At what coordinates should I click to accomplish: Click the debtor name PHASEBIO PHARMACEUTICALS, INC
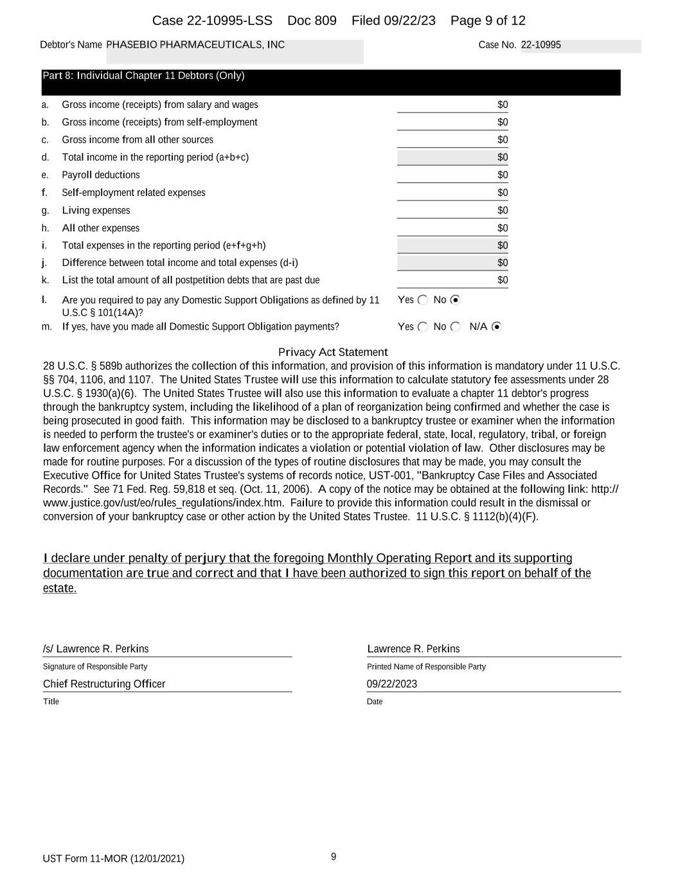195,45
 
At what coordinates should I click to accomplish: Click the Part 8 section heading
143,76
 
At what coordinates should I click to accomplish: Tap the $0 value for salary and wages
502,105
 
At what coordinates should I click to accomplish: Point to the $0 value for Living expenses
502,211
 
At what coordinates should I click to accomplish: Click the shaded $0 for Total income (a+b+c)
502,157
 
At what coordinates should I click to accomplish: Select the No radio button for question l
456,300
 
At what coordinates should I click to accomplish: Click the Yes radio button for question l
422,300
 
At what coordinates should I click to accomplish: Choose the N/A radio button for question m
496,327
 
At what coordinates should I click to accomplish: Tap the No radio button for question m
456,327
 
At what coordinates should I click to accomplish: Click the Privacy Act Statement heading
333,352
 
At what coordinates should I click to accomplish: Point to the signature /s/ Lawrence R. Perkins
96,649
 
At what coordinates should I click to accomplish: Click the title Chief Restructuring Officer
104,684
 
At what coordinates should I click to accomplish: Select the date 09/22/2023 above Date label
392,684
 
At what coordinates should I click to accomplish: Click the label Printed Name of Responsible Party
426,667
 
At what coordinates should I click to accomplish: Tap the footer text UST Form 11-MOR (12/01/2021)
114,859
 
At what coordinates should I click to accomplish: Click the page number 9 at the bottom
334,856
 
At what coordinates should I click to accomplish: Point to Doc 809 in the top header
312,21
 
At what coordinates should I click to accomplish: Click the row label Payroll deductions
101,175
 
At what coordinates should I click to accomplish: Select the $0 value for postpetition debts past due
502,280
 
